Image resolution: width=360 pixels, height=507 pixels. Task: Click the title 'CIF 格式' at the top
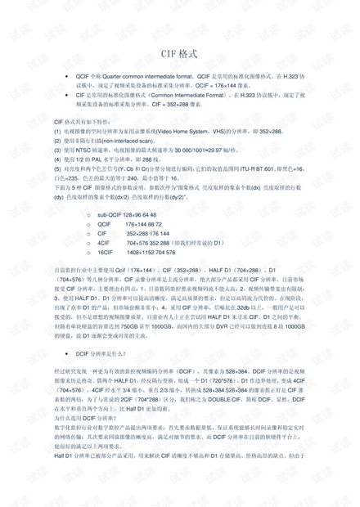(179, 54)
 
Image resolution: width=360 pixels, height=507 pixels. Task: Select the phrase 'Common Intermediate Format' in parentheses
(184, 95)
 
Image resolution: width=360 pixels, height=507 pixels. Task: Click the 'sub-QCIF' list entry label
(109, 213)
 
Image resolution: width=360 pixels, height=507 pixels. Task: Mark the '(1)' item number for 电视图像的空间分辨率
(57, 131)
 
